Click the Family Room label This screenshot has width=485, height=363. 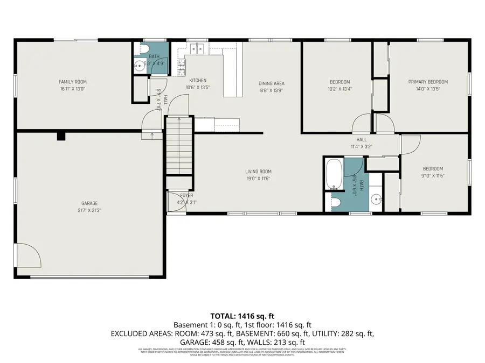coord(72,82)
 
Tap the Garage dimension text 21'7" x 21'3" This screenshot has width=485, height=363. coord(89,210)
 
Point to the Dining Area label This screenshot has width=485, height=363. coord(271,83)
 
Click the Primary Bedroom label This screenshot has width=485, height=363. coord(427,82)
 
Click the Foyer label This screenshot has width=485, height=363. coord(186,195)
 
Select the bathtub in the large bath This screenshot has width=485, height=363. coord(334,174)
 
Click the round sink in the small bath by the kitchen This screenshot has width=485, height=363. coord(139,67)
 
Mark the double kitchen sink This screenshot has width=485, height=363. coord(196,49)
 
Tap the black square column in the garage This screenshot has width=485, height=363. coord(61,136)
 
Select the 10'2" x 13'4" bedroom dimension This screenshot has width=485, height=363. coord(340,89)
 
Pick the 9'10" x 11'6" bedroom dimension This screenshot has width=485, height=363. coord(433,175)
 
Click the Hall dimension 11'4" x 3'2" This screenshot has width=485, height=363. coord(362,146)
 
